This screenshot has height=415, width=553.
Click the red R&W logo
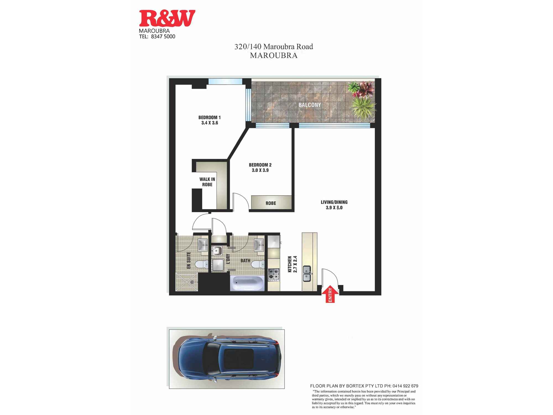click(x=167, y=18)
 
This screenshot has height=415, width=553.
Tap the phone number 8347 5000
click(x=163, y=37)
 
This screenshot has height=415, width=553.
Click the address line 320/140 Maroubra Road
click(x=273, y=46)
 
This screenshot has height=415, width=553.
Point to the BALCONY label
click(x=310, y=105)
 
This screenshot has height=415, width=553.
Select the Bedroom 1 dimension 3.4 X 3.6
click(x=210, y=123)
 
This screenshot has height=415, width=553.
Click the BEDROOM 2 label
click(x=260, y=165)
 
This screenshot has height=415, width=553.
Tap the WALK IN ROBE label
click(x=207, y=182)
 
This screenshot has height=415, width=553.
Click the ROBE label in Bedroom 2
click(x=271, y=203)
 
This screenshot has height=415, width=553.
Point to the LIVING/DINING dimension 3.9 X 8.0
click(x=334, y=207)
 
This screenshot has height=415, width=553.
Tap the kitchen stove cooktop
click(x=273, y=274)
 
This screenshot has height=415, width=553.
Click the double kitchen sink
click(x=307, y=273)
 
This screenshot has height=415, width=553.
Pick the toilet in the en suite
click(x=202, y=264)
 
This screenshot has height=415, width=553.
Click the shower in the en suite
click(x=187, y=282)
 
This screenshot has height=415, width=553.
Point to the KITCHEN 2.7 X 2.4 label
click(x=292, y=264)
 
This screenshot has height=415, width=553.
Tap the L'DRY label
click(x=228, y=259)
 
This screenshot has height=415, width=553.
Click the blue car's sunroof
click(x=239, y=359)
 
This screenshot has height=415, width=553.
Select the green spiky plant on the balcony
click(x=362, y=108)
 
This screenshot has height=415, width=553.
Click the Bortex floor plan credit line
click(x=364, y=386)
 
